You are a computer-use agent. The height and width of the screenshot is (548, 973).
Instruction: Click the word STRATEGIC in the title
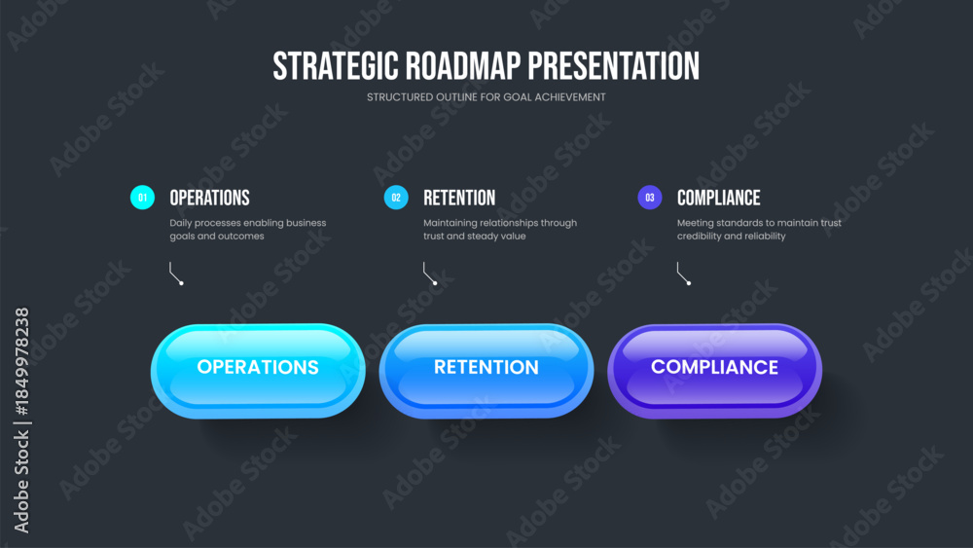[335, 66]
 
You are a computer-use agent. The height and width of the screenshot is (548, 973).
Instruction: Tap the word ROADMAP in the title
[463, 66]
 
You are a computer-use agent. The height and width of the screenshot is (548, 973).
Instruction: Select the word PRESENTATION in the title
[614, 66]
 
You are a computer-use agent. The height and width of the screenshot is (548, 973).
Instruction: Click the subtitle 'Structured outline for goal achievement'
[486, 97]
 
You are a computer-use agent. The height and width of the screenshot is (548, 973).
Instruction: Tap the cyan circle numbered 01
[142, 198]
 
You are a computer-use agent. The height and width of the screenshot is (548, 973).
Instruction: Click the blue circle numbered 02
[396, 198]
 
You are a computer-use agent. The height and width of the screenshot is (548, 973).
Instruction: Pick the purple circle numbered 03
[650, 198]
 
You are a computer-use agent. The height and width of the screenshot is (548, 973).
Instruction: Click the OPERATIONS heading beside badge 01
[210, 198]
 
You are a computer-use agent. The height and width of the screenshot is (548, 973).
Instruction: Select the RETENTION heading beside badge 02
[459, 198]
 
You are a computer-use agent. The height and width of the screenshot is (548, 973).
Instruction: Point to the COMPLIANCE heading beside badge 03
[719, 198]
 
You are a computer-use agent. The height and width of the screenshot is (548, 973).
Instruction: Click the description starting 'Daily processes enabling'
[247, 229]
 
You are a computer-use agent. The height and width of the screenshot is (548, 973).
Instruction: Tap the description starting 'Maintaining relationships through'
[499, 229]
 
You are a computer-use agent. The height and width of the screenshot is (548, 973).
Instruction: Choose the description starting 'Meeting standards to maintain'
[759, 229]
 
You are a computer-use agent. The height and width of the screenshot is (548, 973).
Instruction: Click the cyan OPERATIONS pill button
[258, 371]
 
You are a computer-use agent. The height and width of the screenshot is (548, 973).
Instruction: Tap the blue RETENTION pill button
[486, 371]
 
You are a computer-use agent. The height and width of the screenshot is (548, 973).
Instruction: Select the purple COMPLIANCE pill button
[715, 371]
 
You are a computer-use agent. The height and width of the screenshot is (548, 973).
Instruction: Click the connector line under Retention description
[426, 274]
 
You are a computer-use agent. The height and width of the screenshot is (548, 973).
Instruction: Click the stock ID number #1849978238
[21, 361]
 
